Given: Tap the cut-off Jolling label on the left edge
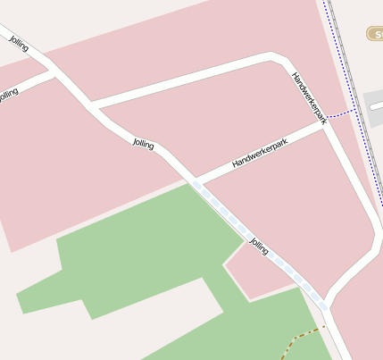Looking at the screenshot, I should coord(8,96).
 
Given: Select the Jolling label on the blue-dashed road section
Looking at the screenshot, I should coord(259,246).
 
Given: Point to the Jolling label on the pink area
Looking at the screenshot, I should coord(143,143).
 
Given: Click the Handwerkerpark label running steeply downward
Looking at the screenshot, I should coord(309,97).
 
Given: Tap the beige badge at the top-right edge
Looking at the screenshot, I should coord(374,33).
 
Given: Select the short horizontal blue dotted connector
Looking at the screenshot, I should coord(340,114).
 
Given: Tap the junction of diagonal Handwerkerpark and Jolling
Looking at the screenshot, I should coord(192,182).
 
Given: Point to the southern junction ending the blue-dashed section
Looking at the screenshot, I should coord(326,306).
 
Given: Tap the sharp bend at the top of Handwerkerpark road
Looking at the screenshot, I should coord(275,57).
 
